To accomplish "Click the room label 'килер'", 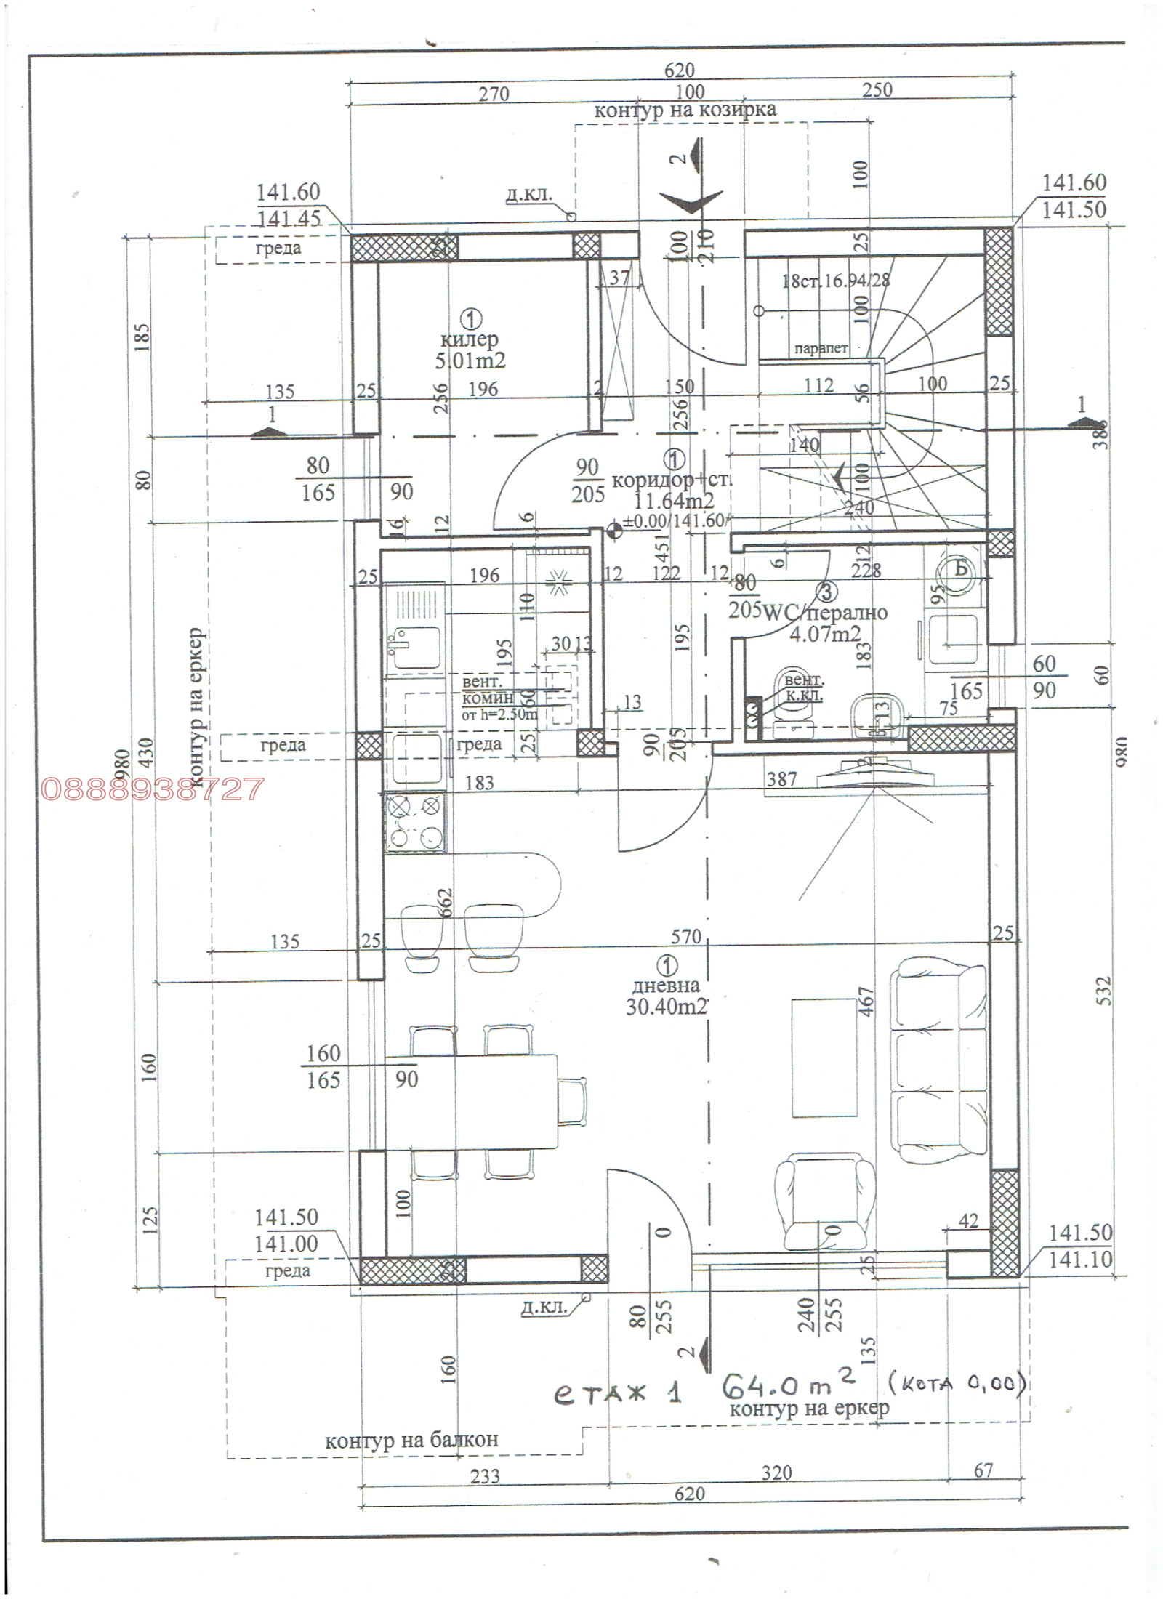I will [x=469, y=339].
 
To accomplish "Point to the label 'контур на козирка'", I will [x=685, y=110].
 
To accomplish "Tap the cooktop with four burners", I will [x=415, y=823].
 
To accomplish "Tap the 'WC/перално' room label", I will [x=825, y=612].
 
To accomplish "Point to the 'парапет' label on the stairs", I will [x=821, y=348].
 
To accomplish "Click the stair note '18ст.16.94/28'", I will [x=836, y=281].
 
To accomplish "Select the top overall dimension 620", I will [x=680, y=71].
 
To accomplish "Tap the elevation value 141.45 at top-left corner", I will [x=288, y=218].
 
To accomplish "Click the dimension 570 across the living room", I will [x=686, y=937].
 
